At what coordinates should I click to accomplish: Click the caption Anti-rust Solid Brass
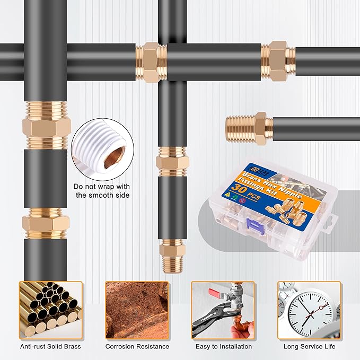[50, 347]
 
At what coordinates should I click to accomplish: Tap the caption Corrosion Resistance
[137, 347]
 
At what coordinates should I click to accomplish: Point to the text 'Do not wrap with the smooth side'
[102, 191]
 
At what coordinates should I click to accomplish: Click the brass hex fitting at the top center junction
[151, 63]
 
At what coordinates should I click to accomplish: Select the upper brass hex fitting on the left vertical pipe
[46, 126]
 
